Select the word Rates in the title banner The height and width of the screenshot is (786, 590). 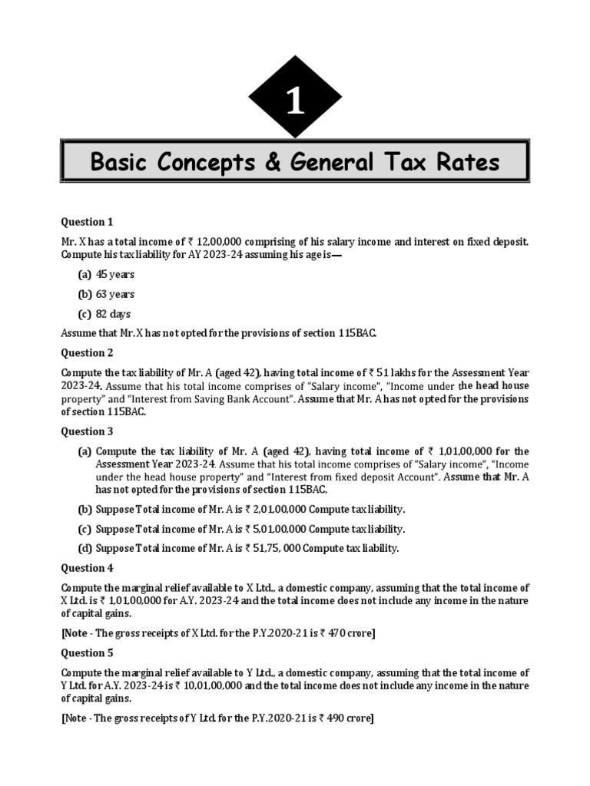[466, 162]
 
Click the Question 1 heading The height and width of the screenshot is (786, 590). [87, 222]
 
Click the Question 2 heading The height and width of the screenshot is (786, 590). [87, 353]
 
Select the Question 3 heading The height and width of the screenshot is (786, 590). [87, 431]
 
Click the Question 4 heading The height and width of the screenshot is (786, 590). [87, 568]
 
